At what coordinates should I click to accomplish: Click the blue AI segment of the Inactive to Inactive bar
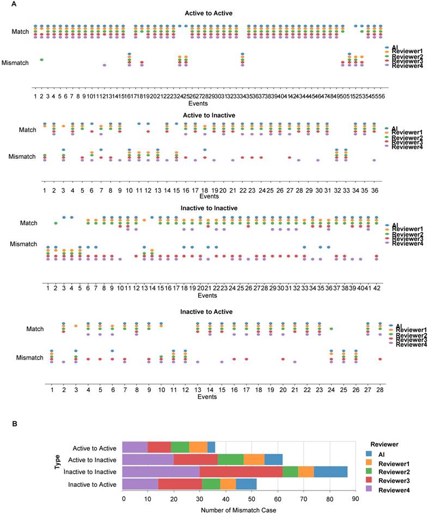tap(330, 472)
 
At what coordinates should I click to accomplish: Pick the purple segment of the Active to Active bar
tap(135, 448)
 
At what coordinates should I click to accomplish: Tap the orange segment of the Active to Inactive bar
tap(254, 460)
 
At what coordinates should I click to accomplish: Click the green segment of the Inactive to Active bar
tap(211, 484)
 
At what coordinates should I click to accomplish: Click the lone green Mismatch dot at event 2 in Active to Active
tap(42, 60)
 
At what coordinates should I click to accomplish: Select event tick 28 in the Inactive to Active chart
tap(380, 390)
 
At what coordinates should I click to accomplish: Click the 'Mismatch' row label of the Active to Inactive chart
tap(22, 157)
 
